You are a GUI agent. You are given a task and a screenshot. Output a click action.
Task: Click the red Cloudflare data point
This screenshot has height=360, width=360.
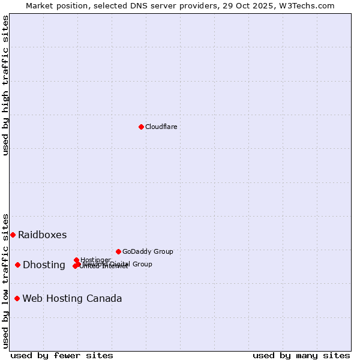coord(141,127)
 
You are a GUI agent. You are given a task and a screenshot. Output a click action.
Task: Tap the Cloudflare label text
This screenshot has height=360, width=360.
coord(161,127)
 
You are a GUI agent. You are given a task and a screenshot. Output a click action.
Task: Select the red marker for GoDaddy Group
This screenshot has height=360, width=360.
coord(118,251)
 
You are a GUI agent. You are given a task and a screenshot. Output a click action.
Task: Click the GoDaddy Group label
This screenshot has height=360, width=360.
coord(148,251)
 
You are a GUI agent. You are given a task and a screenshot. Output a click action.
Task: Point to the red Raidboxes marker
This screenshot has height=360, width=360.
coord(13,235)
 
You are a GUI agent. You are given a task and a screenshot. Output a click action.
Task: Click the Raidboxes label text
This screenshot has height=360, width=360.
coord(42,235)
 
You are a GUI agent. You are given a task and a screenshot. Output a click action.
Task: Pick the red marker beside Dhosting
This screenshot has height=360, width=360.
coord(17,265)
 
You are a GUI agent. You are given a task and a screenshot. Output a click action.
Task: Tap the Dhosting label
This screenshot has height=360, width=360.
coord(44,265)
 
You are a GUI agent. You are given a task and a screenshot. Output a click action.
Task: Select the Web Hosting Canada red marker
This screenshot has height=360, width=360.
coord(17,298)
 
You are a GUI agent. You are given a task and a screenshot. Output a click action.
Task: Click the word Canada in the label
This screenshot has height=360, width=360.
coord(106,298)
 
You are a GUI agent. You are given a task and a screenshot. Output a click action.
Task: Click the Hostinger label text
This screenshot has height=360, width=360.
coord(95,260)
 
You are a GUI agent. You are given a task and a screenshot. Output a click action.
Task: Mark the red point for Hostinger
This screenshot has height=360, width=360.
coord(76,260)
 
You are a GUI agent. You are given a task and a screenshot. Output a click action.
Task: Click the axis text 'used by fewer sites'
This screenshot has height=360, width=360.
coord(62,355)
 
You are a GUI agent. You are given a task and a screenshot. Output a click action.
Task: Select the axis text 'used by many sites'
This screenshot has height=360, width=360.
coord(301,355)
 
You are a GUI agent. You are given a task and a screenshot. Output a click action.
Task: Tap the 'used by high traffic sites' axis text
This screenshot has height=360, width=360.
coord(6,85)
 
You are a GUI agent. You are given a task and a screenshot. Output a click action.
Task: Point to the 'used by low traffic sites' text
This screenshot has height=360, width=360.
coord(6,280)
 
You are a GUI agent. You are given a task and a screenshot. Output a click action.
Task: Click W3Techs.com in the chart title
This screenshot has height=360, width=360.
coord(310,5)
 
